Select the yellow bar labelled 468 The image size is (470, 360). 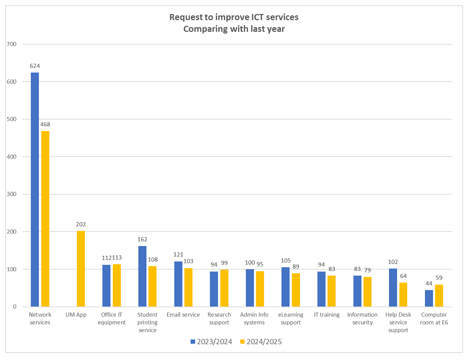[45, 219]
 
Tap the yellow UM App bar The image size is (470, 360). [81, 269]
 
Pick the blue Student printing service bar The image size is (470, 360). [142, 276]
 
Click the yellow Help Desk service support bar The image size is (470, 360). [403, 295]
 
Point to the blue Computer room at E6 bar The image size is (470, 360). [429, 298]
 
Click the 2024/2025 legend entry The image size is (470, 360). [261, 341]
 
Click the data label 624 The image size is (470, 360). [35, 66]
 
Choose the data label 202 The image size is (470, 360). [81, 224]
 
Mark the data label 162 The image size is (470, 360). [142, 239]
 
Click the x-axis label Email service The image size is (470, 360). [183, 315]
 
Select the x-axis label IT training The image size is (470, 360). [326, 315]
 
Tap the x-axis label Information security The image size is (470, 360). [362, 318]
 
